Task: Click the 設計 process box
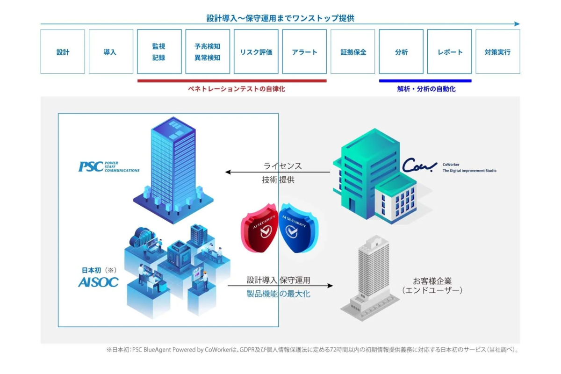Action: (x=63, y=52)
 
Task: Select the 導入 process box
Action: (x=111, y=52)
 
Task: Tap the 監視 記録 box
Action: (x=159, y=52)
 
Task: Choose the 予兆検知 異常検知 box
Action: (x=208, y=52)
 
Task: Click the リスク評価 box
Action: (x=256, y=52)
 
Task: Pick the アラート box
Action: (x=304, y=52)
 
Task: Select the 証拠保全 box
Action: (x=352, y=52)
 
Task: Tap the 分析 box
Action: (x=401, y=52)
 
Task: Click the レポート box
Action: (x=449, y=52)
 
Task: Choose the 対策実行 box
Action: (x=497, y=52)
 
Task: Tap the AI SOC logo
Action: (x=98, y=282)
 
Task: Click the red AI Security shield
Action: (x=259, y=228)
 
